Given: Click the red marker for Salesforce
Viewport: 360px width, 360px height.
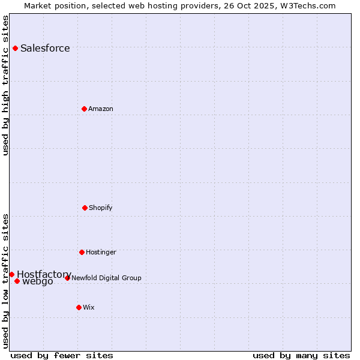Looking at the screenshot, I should pos(15,48).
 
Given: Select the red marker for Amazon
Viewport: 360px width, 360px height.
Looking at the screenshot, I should pos(84,109).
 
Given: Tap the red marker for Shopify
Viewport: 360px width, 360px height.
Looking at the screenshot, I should pos(85,208).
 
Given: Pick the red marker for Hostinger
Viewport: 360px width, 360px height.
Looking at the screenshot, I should pos(82,252).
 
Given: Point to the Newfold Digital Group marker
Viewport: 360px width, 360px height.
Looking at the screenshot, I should pos(67,278).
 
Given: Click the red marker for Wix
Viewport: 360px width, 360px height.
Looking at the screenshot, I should pos(79,307).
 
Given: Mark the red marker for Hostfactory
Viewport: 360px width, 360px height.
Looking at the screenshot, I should pos(11,274).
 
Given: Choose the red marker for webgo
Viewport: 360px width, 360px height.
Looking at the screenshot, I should pos(17,281).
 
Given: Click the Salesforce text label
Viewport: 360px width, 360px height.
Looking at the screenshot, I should pos(45,48).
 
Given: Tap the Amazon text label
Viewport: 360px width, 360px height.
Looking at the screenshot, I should pos(101,109).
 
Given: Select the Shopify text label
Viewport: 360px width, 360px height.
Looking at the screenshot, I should pos(101,208).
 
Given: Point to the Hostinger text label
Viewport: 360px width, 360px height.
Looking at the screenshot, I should pos(101,252).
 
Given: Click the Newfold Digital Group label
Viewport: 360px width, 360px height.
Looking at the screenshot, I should pos(106,278).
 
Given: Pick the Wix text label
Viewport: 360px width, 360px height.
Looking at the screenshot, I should pos(89,307).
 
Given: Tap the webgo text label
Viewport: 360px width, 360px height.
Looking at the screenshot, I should pos(38,281).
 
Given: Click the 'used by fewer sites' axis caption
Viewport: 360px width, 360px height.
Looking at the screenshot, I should pos(62,355).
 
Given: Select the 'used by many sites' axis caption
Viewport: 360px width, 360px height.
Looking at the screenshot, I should pos(301,355).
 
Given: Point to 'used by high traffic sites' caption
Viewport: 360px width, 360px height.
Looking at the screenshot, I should pos(5,85).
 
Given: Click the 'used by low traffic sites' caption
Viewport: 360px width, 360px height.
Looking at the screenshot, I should pos(5,281).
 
